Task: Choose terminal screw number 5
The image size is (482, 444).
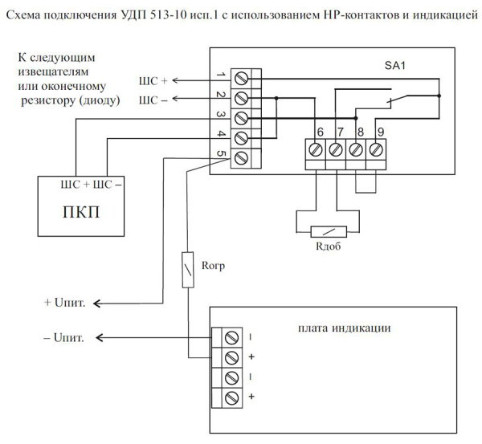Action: [240, 157]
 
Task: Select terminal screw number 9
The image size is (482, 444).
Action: [376, 149]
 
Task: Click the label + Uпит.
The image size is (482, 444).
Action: [67, 303]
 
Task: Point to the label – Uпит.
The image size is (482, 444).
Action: [67, 337]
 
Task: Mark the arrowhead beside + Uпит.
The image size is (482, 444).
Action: [99, 303]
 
